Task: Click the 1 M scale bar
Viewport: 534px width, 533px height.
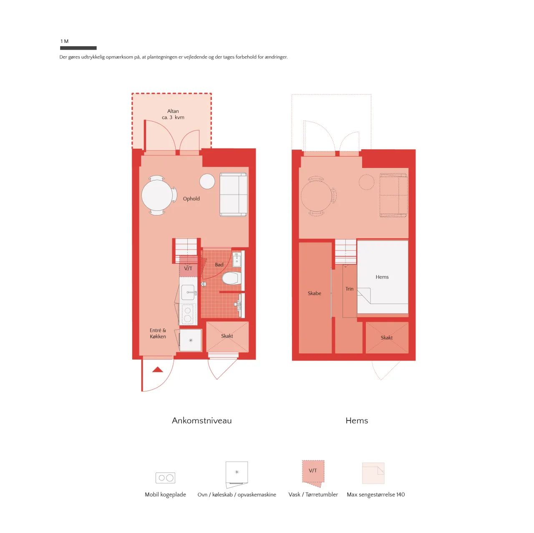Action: [x=78, y=48]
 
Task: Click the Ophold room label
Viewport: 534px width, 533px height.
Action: [x=191, y=198]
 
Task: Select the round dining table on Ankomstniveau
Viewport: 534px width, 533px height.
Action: [x=157, y=195]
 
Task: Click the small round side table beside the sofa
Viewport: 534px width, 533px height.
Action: [x=207, y=181]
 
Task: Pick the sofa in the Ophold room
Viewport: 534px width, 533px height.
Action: [x=233, y=194]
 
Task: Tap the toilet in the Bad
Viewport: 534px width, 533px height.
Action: [x=231, y=278]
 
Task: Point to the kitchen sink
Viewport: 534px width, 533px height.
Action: [x=188, y=293]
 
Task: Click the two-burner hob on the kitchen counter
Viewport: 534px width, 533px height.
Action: [x=188, y=314]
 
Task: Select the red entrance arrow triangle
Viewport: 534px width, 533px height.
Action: [x=157, y=369]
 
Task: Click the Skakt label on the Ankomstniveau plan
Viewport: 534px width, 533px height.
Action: [x=227, y=336]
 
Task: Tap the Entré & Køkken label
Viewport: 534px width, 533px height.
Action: [x=158, y=333]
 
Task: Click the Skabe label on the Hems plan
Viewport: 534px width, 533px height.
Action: [x=314, y=293]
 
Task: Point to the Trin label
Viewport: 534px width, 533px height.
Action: [x=349, y=289]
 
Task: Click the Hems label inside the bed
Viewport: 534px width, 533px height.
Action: [x=382, y=277]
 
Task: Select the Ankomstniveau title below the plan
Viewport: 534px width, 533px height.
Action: [x=202, y=420]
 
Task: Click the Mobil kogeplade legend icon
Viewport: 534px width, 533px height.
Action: [x=165, y=478]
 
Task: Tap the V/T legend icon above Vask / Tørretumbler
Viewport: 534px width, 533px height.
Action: [x=313, y=473]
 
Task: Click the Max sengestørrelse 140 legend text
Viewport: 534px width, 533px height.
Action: [x=375, y=495]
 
